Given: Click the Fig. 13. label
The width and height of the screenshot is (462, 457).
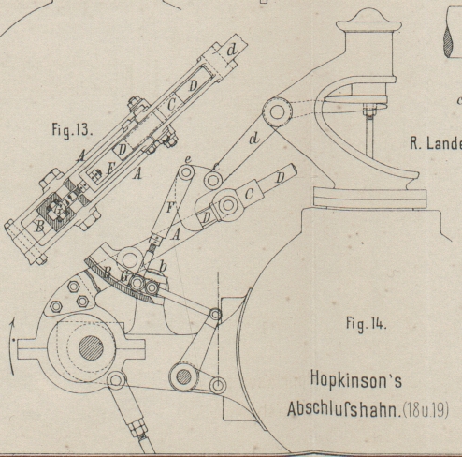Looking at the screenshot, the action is coord(72,129).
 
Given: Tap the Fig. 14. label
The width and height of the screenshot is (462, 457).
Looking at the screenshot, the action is coord(367,323).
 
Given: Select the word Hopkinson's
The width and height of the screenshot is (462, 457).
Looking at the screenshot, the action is coord(356,380).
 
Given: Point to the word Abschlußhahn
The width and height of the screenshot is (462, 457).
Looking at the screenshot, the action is coord(343,408).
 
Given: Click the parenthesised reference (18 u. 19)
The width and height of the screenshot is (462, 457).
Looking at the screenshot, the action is coord(426,409).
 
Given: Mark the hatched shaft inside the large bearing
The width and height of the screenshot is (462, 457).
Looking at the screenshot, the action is coord(91,347).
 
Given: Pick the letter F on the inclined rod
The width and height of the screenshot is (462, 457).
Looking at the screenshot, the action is coord(170,208).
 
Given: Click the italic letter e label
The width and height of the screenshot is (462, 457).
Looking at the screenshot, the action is coord(187,159).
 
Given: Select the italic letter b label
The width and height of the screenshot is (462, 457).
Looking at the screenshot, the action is coord(163,266).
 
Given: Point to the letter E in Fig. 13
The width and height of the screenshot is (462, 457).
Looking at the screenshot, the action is coord(110,169).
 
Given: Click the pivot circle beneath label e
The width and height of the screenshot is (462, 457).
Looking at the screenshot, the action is coord(186,172).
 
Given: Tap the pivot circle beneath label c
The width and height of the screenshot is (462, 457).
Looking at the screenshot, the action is coord(213,180).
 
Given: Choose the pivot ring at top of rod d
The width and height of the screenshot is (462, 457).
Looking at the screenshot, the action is coord(277,112).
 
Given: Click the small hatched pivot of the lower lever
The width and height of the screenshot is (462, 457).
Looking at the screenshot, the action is coord(184,376).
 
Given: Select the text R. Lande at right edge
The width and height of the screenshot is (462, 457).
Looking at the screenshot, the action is coord(436,144).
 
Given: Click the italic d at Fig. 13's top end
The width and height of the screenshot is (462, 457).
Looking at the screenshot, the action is coord(231,50).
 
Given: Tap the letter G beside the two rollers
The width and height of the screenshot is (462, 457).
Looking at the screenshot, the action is coord(124,277).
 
